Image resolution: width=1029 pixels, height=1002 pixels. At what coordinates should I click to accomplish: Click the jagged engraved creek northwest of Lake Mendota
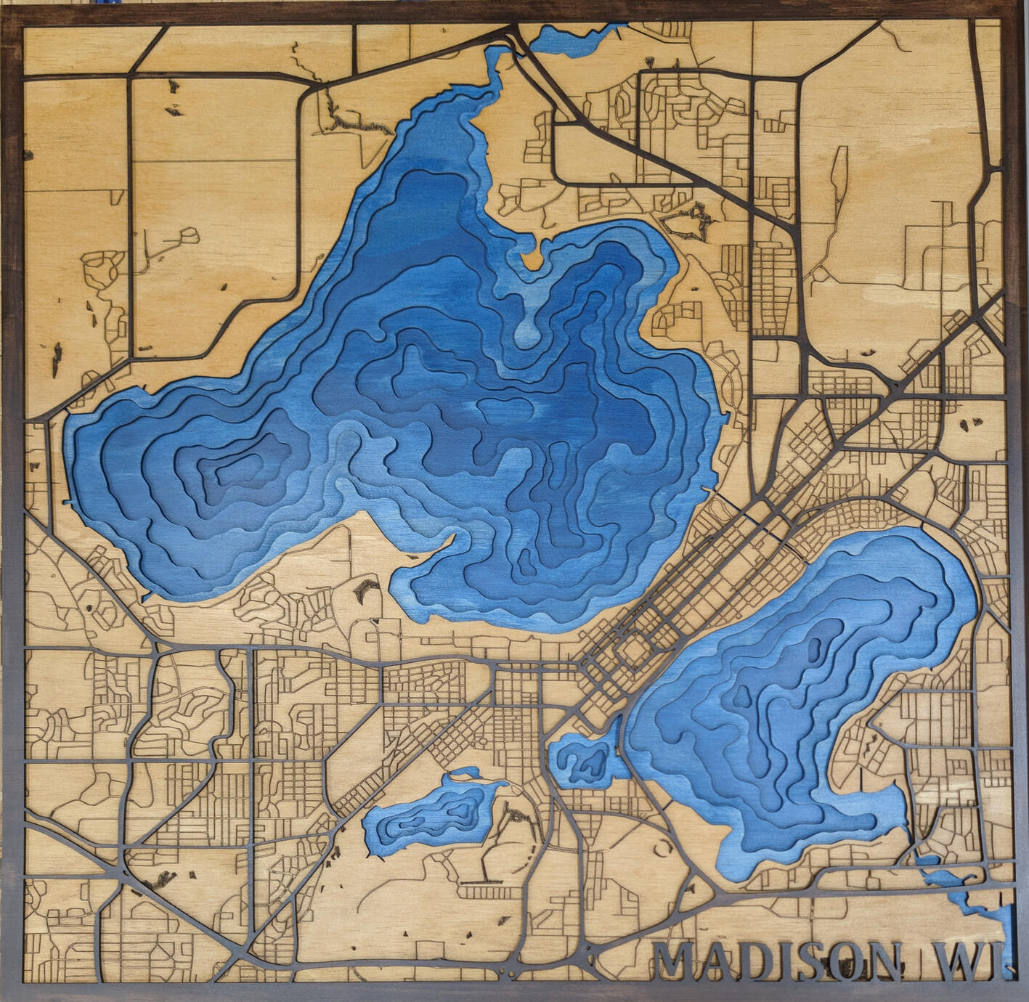click(356, 123)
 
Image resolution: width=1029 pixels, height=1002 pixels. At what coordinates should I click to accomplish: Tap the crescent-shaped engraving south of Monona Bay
click(662, 846)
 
